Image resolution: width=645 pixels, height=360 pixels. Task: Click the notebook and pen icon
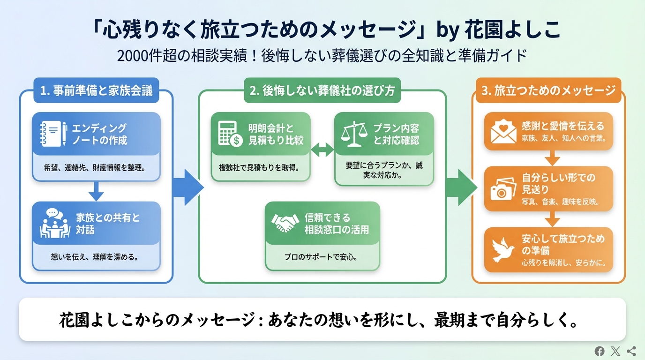54,134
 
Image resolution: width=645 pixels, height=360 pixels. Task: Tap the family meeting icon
55,223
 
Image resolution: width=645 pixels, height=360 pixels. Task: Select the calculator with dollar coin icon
230,134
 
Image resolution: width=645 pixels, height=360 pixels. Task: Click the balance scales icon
354,134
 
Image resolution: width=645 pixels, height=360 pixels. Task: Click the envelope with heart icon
503,132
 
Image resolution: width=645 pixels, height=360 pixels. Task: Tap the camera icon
503,189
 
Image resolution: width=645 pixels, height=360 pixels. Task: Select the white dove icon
502,250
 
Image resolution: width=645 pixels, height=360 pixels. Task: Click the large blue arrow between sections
188,187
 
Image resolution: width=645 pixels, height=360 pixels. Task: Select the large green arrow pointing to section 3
462,187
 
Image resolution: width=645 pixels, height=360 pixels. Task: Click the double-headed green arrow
322,150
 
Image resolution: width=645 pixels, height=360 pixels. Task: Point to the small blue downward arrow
96,191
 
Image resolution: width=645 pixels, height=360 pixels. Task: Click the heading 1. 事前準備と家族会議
97,90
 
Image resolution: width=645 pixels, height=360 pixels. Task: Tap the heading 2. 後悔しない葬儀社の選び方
322,90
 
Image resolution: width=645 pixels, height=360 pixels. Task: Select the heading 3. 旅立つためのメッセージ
548,90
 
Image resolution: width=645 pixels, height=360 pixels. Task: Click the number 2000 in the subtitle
133,56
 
